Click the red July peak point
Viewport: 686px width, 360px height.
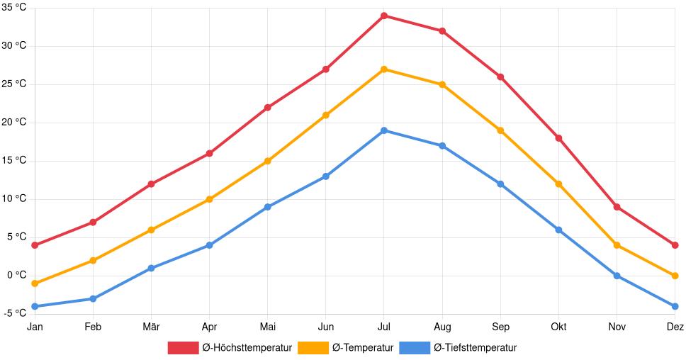pyautogui.click(x=384, y=16)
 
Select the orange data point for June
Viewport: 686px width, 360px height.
pyautogui.click(x=326, y=115)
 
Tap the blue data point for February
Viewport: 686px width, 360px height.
pyautogui.click(x=93, y=298)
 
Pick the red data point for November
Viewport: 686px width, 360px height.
pyautogui.click(x=617, y=207)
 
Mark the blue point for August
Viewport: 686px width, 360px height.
pyautogui.click(x=442, y=146)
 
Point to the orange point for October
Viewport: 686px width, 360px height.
pyautogui.click(x=558, y=184)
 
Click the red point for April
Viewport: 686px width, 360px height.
pyautogui.click(x=210, y=153)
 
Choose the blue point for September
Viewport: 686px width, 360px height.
pyautogui.click(x=500, y=184)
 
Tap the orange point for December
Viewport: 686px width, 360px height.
pyautogui.click(x=675, y=276)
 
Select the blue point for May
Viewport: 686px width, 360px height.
pyautogui.click(x=268, y=207)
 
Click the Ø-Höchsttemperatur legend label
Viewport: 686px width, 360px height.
pyautogui.click(x=247, y=348)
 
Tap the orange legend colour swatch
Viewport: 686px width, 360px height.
pyautogui.click(x=312, y=348)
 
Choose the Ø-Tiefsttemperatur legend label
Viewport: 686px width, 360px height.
pyautogui.click(x=475, y=348)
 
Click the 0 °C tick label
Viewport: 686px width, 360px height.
pyautogui.click(x=16, y=276)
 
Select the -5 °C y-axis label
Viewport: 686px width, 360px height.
pyautogui.click(x=14, y=314)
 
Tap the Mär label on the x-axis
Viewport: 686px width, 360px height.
pyautogui.click(x=151, y=327)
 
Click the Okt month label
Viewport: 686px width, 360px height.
pyautogui.click(x=558, y=327)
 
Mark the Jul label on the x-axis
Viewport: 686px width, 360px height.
pyautogui.click(x=384, y=327)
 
